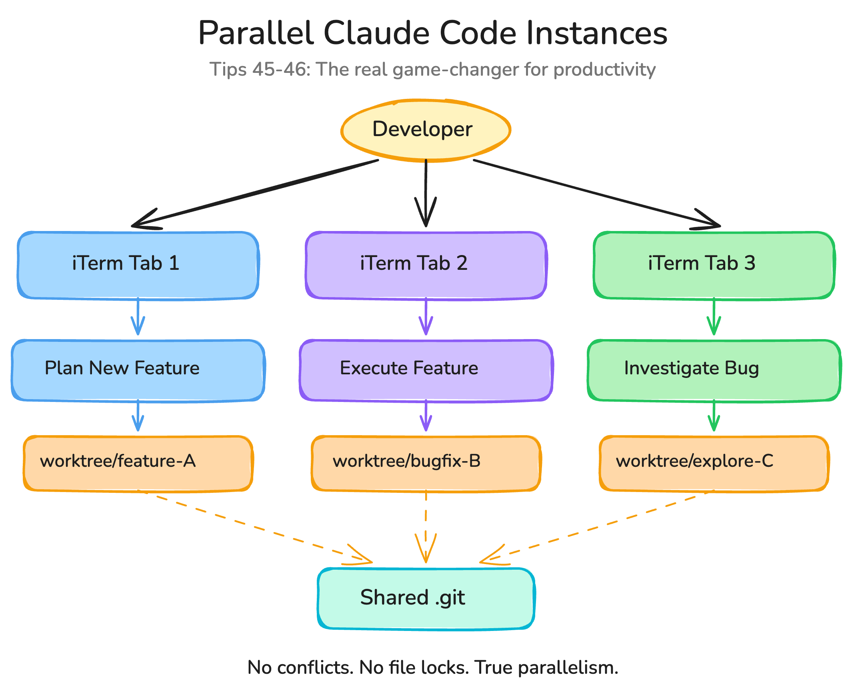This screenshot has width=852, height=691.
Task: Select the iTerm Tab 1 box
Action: [x=138, y=265]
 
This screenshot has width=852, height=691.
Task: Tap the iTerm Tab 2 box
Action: [x=426, y=265]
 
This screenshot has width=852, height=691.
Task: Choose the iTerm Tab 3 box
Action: [x=714, y=265]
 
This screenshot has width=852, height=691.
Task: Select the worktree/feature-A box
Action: [x=138, y=463]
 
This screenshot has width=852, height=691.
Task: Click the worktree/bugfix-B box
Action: [x=426, y=463]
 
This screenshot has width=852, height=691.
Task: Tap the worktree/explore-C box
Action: [x=714, y=463]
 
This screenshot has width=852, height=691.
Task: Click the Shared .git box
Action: [x=426, y=598]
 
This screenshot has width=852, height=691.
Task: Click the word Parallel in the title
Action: [x=256, y=33]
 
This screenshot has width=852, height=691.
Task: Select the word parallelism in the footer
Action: [x=568, y=667]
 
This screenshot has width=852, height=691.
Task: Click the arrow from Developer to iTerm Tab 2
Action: [x=426, y=192]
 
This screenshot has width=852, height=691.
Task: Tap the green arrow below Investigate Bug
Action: [x=714, y=416]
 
